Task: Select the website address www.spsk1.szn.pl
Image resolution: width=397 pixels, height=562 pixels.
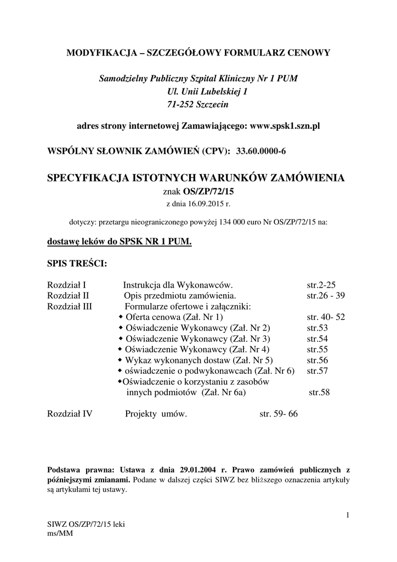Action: (x=285, y=126)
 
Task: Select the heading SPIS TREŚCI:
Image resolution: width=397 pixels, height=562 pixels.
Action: (x=77, y=264)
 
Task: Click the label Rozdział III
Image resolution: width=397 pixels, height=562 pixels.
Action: (x=70, y=306)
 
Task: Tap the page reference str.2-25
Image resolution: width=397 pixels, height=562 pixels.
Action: (x=321, y=285)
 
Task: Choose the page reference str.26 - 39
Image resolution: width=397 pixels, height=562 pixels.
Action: (x=326, y=295)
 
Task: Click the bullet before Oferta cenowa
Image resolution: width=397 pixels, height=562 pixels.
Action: (x=121, y=317)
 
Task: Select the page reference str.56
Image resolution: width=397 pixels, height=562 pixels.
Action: (x=317, y=360)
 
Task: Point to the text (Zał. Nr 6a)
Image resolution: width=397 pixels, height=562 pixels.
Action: (x=224, y=392)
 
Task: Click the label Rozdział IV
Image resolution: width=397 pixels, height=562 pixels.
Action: (x=70, y=414)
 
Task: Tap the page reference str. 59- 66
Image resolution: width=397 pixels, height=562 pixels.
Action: (x=279, y=414)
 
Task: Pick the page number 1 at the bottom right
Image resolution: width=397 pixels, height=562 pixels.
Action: (x=348, y=514)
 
